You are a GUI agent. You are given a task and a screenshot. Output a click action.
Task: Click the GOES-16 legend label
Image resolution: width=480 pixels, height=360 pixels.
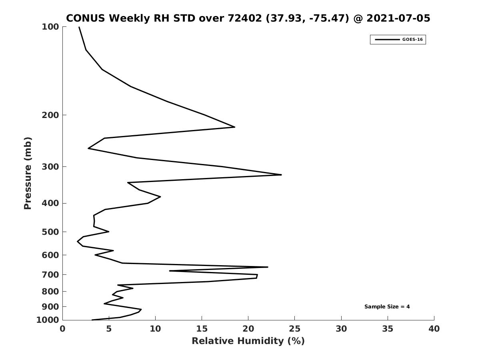412,40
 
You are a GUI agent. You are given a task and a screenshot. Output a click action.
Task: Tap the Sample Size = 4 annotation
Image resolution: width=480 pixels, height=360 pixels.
387,307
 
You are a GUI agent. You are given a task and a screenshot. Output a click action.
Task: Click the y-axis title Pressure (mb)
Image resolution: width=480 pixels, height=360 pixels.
28,173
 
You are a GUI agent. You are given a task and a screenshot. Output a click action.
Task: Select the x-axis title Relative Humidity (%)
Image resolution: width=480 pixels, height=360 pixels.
248,341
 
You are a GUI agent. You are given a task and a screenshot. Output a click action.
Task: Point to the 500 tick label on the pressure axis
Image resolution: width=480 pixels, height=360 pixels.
50,232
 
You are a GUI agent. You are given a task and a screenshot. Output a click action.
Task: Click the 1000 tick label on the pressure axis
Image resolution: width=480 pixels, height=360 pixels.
48,320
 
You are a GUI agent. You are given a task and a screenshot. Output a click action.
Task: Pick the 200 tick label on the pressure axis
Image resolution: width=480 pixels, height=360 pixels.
50,115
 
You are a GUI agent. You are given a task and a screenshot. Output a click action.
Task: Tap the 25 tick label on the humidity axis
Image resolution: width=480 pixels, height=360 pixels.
294,329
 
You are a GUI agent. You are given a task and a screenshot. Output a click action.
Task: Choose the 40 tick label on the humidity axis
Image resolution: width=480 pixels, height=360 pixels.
434,329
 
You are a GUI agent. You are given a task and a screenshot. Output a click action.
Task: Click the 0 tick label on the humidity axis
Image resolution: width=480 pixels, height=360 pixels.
62,329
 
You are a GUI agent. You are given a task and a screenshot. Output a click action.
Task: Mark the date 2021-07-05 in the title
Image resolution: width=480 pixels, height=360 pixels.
398,18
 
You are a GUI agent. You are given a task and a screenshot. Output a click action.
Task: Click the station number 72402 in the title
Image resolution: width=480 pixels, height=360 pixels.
245,18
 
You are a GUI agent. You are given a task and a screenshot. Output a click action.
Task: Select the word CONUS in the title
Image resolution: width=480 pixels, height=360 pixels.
86,18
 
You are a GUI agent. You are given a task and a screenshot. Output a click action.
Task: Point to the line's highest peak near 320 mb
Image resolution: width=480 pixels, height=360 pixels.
281,175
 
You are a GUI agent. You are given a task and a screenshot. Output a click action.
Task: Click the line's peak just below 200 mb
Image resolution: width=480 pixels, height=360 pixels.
235,127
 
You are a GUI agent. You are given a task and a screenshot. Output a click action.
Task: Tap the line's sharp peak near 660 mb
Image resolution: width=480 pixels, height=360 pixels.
268,267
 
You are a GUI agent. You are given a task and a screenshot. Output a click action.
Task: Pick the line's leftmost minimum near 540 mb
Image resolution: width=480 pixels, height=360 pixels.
78,241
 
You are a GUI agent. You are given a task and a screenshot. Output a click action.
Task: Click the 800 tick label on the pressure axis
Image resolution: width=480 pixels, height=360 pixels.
50,291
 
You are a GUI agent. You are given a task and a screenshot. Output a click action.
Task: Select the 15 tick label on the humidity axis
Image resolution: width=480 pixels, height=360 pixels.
202,329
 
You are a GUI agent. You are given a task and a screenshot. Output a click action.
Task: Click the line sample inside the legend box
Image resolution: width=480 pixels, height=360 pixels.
387,40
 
